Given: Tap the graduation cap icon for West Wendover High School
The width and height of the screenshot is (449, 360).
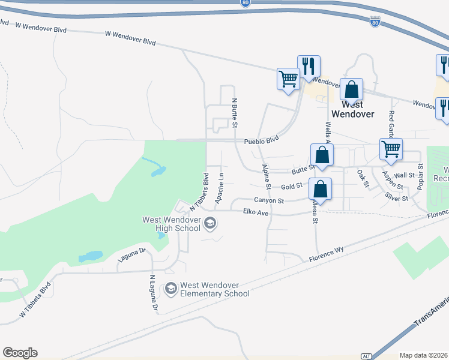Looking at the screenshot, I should click(x=210, y=224).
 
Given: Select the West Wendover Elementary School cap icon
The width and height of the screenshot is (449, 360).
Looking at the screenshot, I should click(x=171, y=289).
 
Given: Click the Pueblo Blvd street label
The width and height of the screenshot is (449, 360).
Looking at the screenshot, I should click(x=262, y=141).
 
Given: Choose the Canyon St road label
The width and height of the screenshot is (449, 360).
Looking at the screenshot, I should click(x=268, y=200).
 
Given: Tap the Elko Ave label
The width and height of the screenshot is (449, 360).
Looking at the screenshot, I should click(x=256, y=212).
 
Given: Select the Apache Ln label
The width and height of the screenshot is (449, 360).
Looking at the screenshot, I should click(x=220, y=187).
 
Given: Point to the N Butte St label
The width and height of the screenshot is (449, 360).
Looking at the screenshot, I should click(x=235, y=112).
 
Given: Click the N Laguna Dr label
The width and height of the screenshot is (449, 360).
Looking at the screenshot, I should click(x=153, y=293).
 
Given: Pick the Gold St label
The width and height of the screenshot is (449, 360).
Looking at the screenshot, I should click(x=291, y=187).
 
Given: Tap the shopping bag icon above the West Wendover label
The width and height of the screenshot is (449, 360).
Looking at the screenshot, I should click(x=352, y=90).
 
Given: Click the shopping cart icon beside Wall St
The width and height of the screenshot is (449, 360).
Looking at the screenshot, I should click(x=391, y=148).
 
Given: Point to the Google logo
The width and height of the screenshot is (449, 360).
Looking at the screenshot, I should click(x=20, y=353).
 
